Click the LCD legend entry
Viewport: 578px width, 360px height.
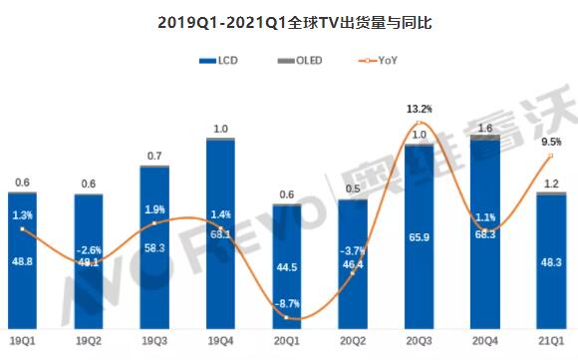tap(220, 62)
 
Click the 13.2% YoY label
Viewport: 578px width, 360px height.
tap(420, 109)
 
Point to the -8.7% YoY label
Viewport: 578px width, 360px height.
tap(287, 301)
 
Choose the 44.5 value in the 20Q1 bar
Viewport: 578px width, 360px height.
tap(287, 266)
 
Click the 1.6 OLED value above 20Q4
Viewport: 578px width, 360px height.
tap(485, 128)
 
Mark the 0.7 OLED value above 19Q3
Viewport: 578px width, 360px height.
tap(154, 156)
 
